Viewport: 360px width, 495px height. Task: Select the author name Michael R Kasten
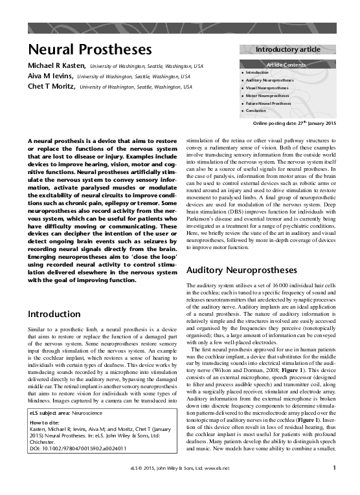coord(56,66)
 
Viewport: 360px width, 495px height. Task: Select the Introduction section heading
coord(54,314)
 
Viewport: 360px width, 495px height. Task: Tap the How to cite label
coord(43,421)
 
